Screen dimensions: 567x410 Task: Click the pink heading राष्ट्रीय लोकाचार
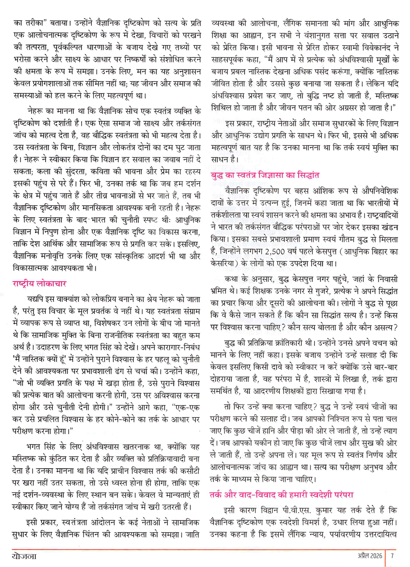(39, 283)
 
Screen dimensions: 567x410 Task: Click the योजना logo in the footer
(25, 556)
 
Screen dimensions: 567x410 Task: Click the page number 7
(392, 556)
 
